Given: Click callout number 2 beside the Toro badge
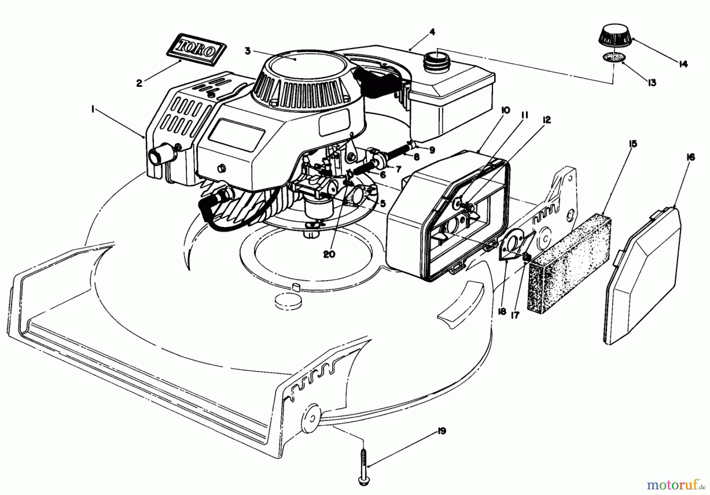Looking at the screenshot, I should point(139,83).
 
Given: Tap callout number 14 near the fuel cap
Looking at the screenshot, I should point(683,64).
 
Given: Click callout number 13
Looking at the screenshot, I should point(652,82).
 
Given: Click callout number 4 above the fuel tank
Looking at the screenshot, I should point(432,32).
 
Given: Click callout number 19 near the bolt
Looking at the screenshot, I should point(441,431).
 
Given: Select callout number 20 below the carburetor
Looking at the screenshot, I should point(329,254).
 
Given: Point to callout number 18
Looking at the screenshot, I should point(501,311).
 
